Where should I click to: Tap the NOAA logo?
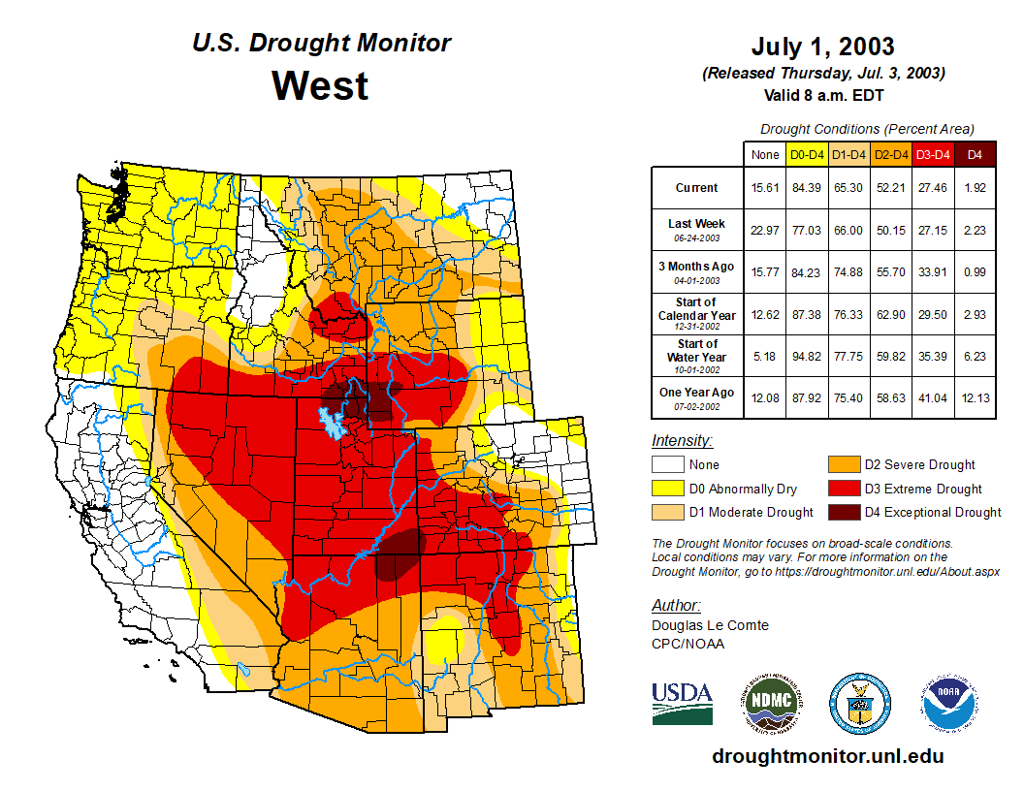tap(949, 703)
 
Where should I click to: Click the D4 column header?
tap(975, 154)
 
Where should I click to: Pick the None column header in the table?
tap(764, 154)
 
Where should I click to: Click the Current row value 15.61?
tap(764, 188)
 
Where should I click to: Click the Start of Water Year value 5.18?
tap(764, 356)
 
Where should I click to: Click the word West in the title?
tap(320, 85)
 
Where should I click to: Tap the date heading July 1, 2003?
tap(822, 47)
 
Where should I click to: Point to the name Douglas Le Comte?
tap(710, 625)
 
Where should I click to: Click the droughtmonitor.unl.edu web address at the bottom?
tap(827, 756)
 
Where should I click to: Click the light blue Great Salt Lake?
tap(332, 423)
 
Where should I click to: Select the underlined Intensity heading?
tap(682, 441)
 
